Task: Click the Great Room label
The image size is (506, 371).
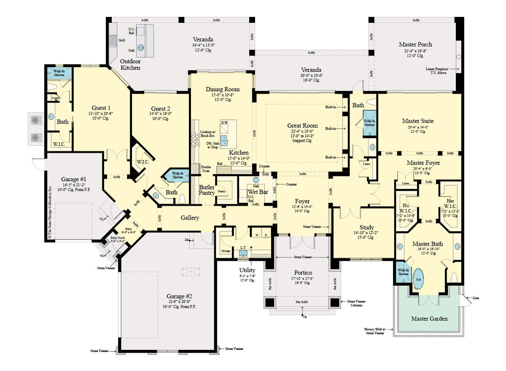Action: [x=302, y=125]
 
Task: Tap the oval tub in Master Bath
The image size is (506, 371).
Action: [x=419, y=279]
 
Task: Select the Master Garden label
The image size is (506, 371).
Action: [x=430, y=319]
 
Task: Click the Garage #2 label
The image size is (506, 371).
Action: [x=180, y=296]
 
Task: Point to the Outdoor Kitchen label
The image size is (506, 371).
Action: [x=130, y=64]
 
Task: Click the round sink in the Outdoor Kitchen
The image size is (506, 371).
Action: [x=141, y=47]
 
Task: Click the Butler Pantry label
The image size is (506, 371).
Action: [x=207, y=190]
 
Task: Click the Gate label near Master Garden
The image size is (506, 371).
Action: [x=476, y=298]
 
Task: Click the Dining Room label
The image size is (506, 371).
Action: [x=223, y=89]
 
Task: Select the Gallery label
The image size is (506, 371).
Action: [x=190, y=218]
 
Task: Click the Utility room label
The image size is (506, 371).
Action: [x=247, y=270]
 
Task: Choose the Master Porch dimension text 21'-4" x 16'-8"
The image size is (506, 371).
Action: [x=415, y=51]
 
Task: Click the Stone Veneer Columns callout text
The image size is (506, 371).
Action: [x=356, y=303]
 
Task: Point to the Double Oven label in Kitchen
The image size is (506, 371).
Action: [x=206, y=168]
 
